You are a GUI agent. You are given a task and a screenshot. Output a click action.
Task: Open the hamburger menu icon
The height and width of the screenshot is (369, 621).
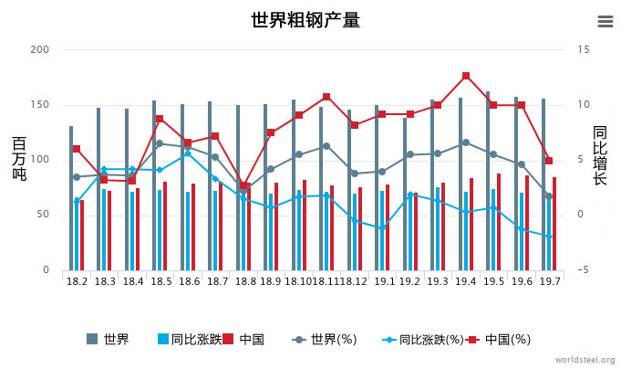click(605, 21)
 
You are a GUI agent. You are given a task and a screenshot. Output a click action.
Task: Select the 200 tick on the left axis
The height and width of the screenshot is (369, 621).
click(39, 49)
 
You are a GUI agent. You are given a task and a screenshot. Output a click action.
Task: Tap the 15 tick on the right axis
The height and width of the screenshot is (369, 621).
click(584, 49)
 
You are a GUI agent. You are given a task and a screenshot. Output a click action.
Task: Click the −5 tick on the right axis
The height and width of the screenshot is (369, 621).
click(584, 271)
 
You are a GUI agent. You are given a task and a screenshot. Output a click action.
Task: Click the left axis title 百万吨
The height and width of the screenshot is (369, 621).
click(19, 159)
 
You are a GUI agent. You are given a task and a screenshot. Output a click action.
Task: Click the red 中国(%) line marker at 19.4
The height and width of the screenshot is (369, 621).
click(466, 76)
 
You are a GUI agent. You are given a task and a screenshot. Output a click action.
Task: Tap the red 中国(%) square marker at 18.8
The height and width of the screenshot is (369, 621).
click(244, 185)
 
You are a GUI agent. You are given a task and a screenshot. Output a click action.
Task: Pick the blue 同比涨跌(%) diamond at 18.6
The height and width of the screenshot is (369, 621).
click(188, 153)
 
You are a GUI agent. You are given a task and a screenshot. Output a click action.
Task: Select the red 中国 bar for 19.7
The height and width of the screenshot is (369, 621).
click(554, 224)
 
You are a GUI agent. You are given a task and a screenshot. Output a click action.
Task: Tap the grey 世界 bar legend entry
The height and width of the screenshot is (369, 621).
click(108, 340)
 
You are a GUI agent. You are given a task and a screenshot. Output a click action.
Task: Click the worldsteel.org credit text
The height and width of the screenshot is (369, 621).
click(585, 360)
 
